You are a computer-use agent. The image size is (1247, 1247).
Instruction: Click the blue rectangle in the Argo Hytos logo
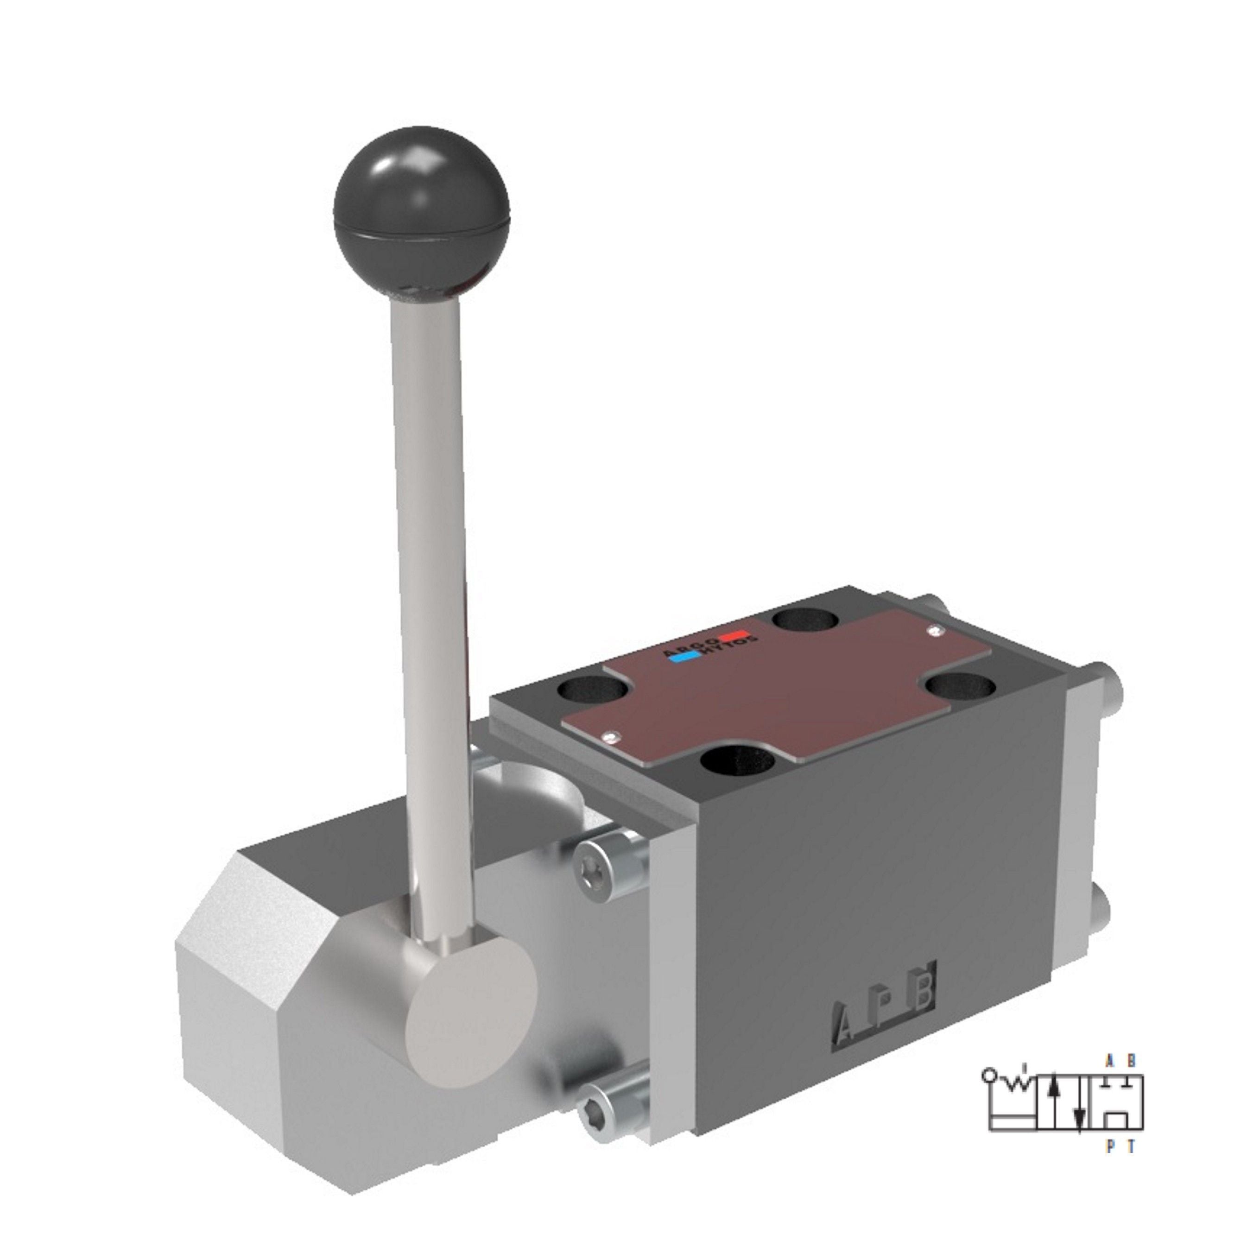(685, 658)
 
